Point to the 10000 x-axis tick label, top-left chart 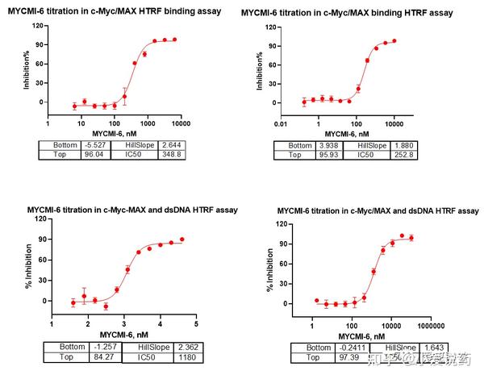pyautogui.click(x=179, y=123)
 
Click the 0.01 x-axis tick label pyautogui.click(x=280, y=124)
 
